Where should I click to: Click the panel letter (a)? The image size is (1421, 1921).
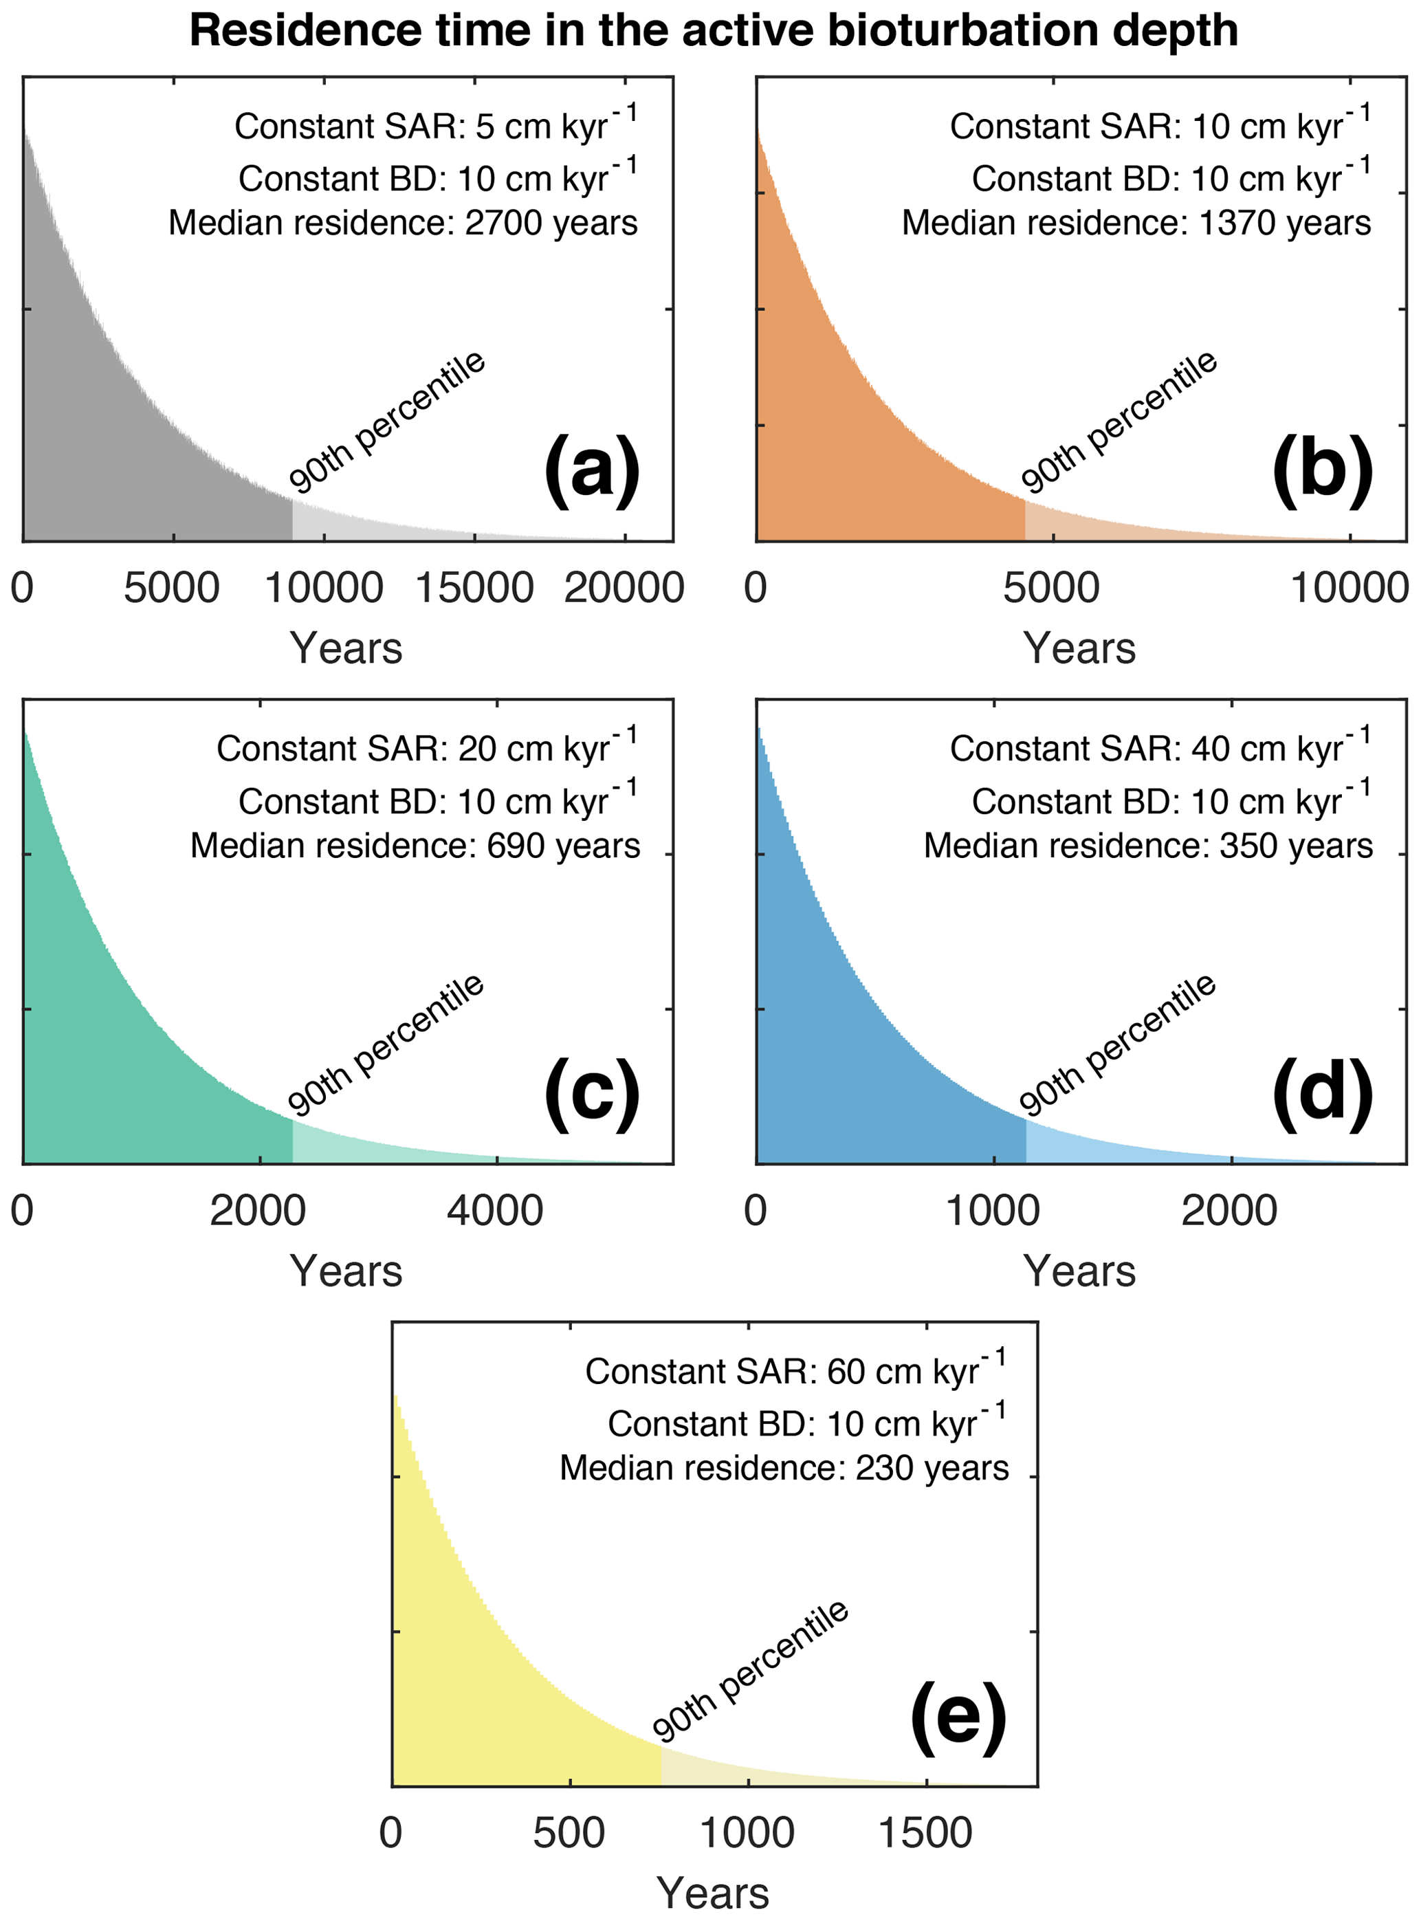tap(592, 470)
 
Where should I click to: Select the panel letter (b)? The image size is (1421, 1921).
tap(1323, 470)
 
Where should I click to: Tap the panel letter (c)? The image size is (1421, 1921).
tap(592, 1093)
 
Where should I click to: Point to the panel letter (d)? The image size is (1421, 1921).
tap(1323, 1093)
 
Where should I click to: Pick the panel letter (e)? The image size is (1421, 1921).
tap(958, 1716)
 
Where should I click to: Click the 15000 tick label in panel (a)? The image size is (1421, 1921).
tap(474, 589)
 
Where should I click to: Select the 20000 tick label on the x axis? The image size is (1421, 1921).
tap(624, 589)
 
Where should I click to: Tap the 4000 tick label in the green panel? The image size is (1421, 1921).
tap(496, 1211)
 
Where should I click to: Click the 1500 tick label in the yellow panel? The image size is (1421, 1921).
tap(925, 1834)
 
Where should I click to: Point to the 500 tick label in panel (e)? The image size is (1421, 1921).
tap(569, 1834)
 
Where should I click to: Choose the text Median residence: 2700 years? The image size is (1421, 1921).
tap(403, 223)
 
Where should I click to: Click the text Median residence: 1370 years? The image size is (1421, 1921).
tap(1136, 223)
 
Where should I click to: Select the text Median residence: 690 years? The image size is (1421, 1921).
tap(415, 846)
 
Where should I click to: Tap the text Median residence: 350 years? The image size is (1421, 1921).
tap(1147, 846)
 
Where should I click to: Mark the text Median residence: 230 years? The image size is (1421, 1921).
tap(784, 1469)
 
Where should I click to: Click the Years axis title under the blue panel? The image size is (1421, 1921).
tap(1079, 1271)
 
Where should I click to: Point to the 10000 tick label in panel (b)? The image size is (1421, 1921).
tap(1349, 589)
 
